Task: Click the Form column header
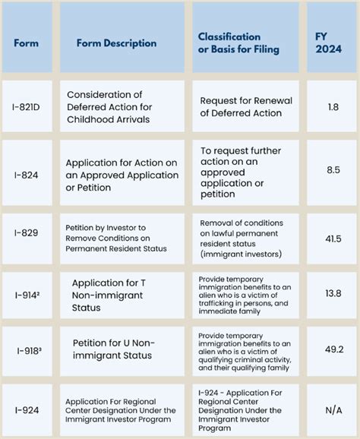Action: pyautogui.click(x=26, y=43)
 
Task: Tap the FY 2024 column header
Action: pyautogui.click(x=333, y=43)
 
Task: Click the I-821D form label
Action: pyautogui.click(x=27, y=108)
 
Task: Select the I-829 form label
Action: pyautogui.click(x=27, y=238)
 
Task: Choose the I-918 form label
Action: pyautogui.click(x=27, y=351)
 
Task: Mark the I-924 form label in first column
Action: pyautogui.click(x=27, y=411)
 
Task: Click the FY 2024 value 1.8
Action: pyautogui.click(x=333, y=108)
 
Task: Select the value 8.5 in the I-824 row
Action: pyautogui.click(x=333, y=171)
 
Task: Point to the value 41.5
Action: pyautogui.click(x=333, y=238)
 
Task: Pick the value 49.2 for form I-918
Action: pyautogui.click(x=333, y=351)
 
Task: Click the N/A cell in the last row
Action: pyautogui.click(x=333, y=411)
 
